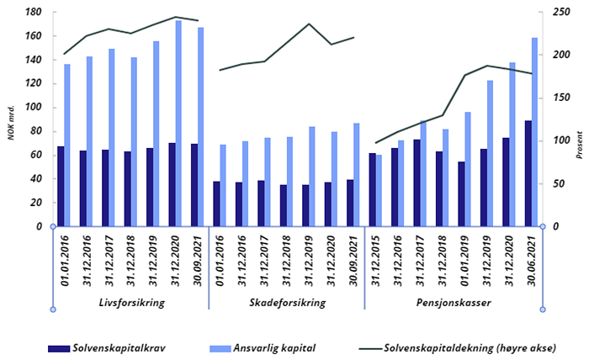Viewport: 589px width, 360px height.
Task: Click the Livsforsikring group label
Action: [x=130, y=302]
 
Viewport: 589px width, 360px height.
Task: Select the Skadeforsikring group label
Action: [x=286, y=302]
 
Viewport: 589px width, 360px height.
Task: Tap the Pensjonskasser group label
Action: [x=454, y=302]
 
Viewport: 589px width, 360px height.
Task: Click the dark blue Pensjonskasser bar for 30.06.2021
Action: [x=527, y=173]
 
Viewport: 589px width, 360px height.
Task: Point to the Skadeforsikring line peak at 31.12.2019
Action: [x=309, y=24]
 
